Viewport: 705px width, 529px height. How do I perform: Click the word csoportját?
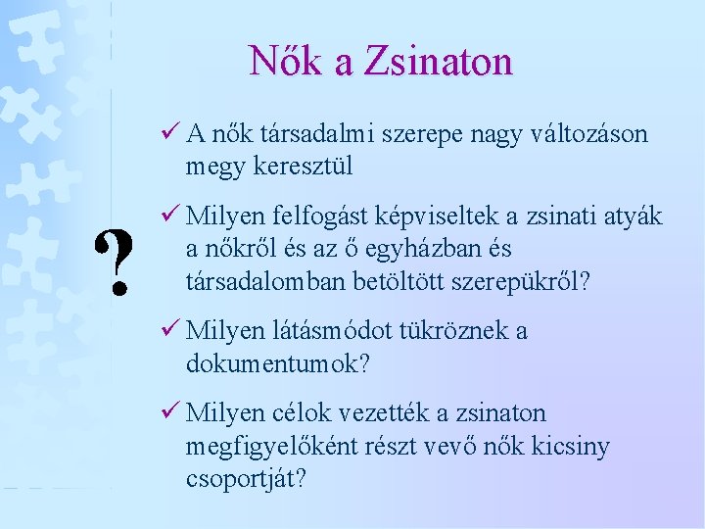click(x=245, y=480)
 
